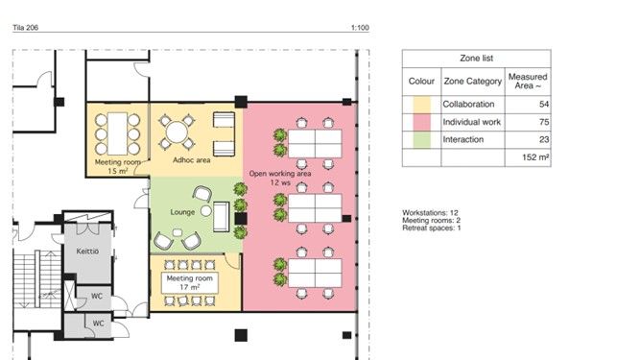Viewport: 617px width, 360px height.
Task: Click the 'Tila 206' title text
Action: pos(26,28)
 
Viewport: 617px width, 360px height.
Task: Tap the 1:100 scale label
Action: pos(360,28)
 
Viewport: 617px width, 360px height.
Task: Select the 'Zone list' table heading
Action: pos(477,59)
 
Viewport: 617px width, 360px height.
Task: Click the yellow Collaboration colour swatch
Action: pos(421,105)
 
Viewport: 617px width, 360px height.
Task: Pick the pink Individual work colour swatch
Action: pos(421,122)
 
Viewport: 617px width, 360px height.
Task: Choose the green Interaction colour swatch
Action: pos(421,139)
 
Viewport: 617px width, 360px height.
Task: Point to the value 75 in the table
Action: pos(544,122)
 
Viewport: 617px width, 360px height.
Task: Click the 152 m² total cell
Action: pos(535,157)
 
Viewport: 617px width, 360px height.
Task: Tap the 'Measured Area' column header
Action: pos(528,82)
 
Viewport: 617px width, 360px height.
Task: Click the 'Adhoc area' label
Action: pos(192,160)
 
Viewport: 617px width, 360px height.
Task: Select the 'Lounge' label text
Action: pos(182,212)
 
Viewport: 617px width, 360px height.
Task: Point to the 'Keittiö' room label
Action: pos(87,251)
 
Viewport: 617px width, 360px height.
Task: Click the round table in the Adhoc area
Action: pos(177,132)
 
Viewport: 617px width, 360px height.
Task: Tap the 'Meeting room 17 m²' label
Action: pos(190,283)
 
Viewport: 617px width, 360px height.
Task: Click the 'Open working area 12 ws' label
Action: pos(280,178)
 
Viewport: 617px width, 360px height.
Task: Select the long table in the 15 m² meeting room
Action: pos(117,133)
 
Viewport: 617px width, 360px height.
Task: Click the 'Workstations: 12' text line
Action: pos(430,213)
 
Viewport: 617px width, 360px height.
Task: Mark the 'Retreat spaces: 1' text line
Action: pos(432,228)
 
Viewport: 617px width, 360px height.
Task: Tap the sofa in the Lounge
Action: pos(221,217)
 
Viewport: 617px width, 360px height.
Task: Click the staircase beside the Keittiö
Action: pos(37,278)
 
